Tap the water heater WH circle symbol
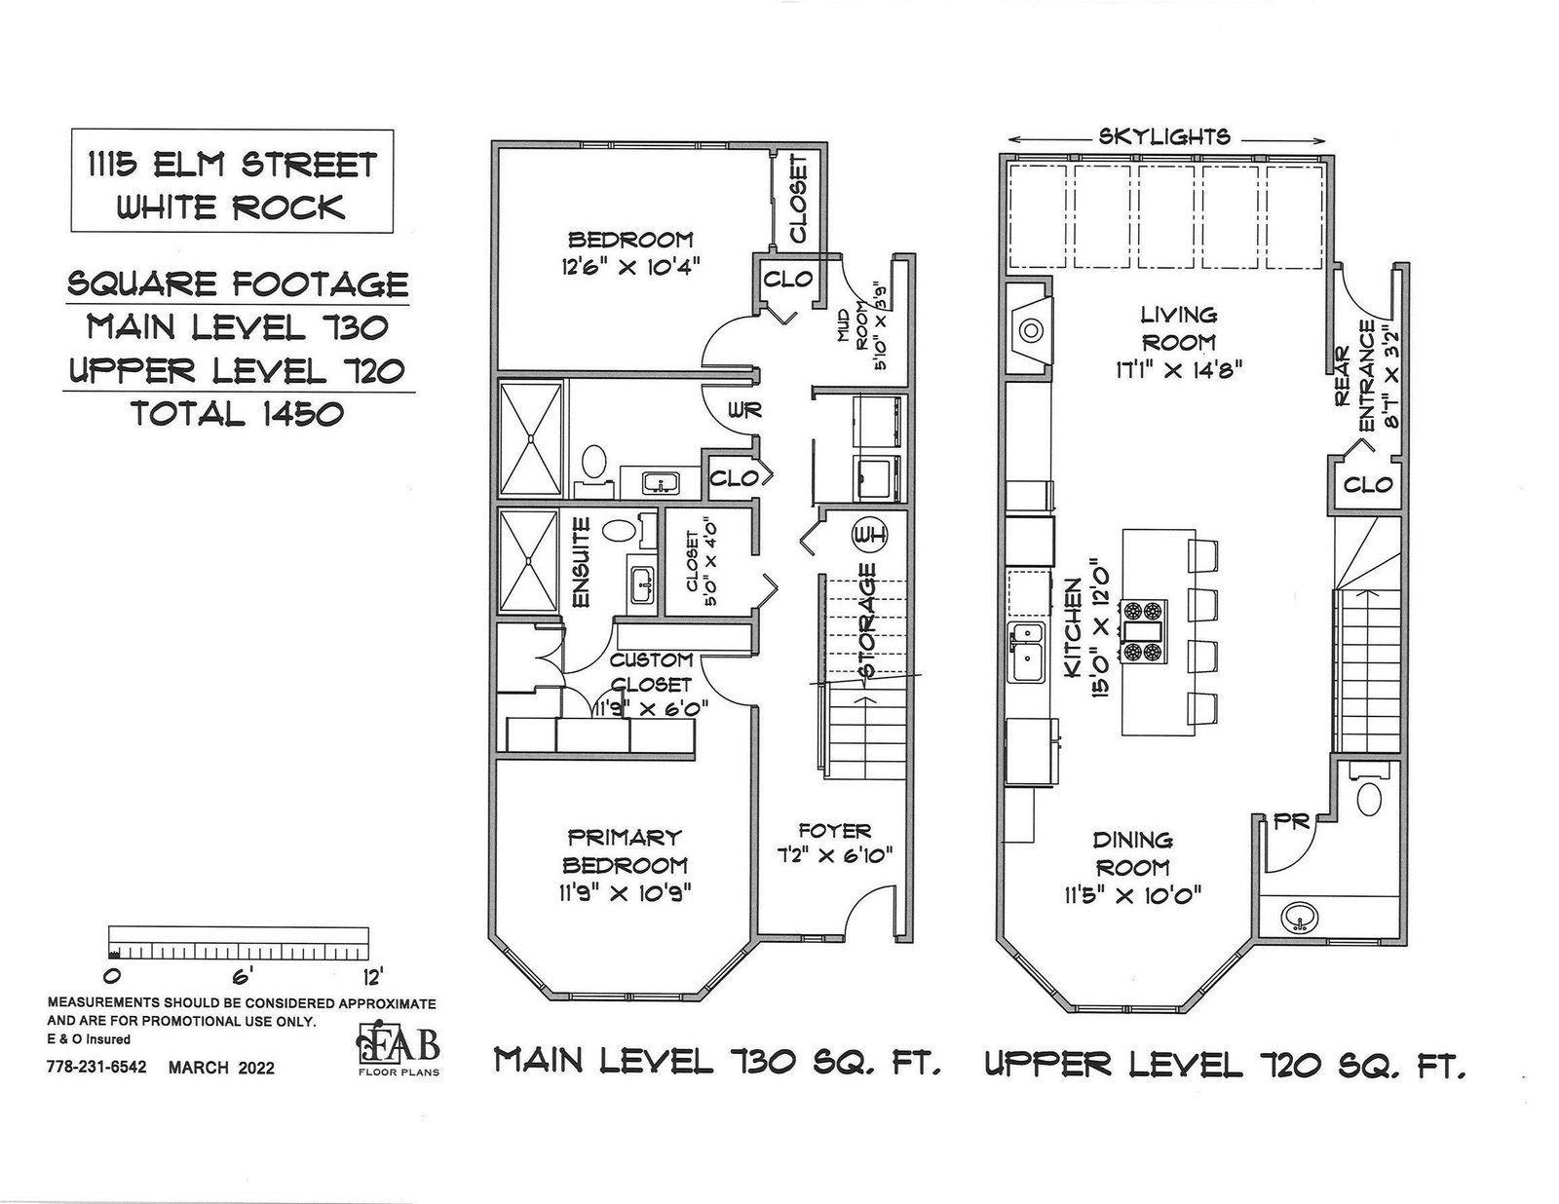[x=869, y=535]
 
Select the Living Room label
[x=1178, y=327]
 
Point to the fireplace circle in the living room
[x=1031, y=330]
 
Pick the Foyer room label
[x=834, y=831]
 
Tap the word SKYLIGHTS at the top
[x=1163, y=136]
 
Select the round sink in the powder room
[x=1298, y=918]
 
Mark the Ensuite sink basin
[x=642, y=585]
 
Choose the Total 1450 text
[x=238, y=414]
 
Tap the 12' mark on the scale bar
[x=372, y=977]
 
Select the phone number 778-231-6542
[x=96, y=1067]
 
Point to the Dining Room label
[x=1132, y=853]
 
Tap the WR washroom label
[x=744, y=410]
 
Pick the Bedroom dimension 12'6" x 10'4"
[x=629, y=268]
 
